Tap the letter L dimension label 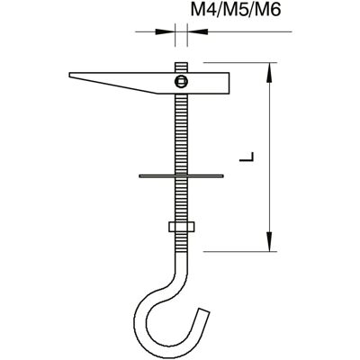tap(247, 157)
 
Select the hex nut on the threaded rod tap(182, 227)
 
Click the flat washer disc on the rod tap(181, 175)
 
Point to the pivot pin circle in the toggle tap(181, 81)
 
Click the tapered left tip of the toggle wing tap(70, 75)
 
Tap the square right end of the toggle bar tap(229, 83)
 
